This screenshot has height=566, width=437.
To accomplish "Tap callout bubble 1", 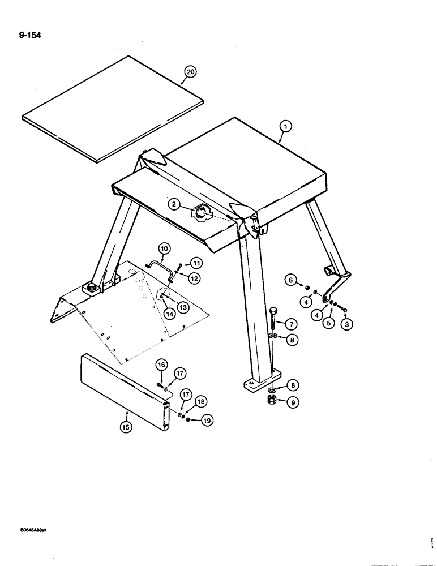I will point(286,127).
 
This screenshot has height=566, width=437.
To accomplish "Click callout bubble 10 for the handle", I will point(164,248).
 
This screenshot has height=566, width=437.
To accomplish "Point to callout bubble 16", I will point(161,366).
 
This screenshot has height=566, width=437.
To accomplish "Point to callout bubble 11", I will point(195,263).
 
